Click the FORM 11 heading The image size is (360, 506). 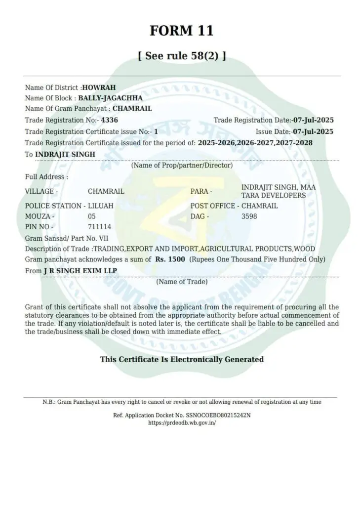pyautogui.click(x=182, y=31)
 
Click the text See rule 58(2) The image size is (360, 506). pyautogui.click(x=182, y=56)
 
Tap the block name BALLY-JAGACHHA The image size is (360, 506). pyautogui.click(x=110, y=98)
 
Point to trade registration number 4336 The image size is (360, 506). pyautogui.click(x=109, y=120)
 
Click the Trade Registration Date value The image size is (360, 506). pyautogui.click(x=313, y=120)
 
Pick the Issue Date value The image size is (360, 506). pyautogui.click(x=313, y=131)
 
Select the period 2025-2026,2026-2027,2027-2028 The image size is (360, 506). pyautogui.click(x=255, y=142)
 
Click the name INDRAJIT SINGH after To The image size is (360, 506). pyautogui.click(x=65, y=154)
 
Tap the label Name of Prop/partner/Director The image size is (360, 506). pyautogui.click(x=182, y=166)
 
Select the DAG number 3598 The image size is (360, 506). pyautogui.click(x=249, y=216)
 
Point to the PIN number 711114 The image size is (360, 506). pyautogui.click(x=99, y=227)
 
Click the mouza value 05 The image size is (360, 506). pyautogui.click(x=91, y=216)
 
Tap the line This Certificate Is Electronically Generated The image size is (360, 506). pyautogui.click(x=182, y=359)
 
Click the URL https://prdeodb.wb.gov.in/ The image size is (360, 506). pyautogui.click(x=182, y=423)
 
